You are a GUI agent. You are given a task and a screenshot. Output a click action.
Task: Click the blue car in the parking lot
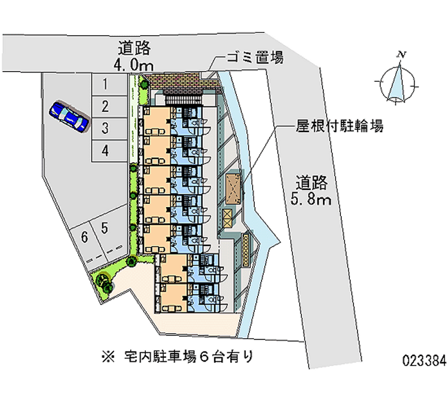pos(69,116)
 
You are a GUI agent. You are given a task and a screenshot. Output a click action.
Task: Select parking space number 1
pos(109,85)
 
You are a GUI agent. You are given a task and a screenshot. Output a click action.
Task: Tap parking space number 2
pos(109,107)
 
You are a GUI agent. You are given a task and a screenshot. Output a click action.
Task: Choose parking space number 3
pos(109,129)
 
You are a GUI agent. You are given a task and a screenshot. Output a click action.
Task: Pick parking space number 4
pos(109,151)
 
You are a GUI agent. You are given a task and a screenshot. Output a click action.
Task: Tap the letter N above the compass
pos(402,54)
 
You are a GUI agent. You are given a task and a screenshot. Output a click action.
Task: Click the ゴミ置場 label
pos(255,57)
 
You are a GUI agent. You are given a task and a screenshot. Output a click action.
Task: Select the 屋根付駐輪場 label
pos(339,125)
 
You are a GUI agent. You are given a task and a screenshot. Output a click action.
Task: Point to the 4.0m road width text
pos(134,66)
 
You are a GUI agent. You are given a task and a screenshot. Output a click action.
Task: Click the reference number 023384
pos(424,361)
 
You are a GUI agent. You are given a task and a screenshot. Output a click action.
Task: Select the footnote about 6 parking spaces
pos(177,357)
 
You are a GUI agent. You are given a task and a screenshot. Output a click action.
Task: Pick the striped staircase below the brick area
pos(184,100)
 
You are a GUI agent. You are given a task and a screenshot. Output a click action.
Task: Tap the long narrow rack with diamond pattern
pos(246,250)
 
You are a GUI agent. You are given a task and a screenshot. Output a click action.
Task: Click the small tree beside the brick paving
pos(144,85)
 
